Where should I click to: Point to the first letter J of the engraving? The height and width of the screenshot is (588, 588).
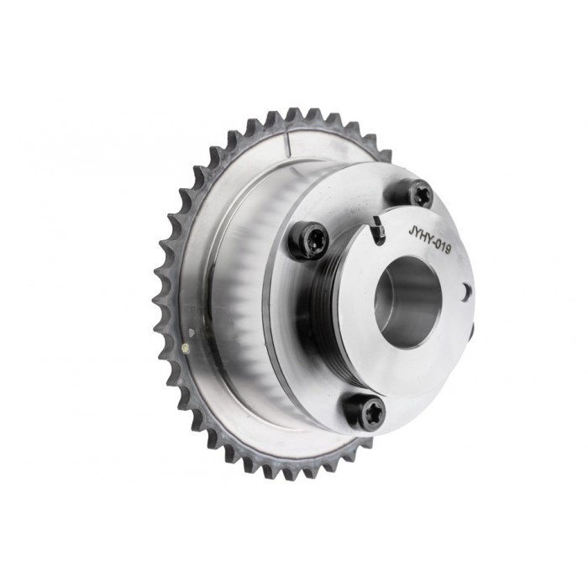(x=411, y=228)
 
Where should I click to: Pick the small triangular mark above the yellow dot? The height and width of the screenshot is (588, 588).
(x=191, y=333)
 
